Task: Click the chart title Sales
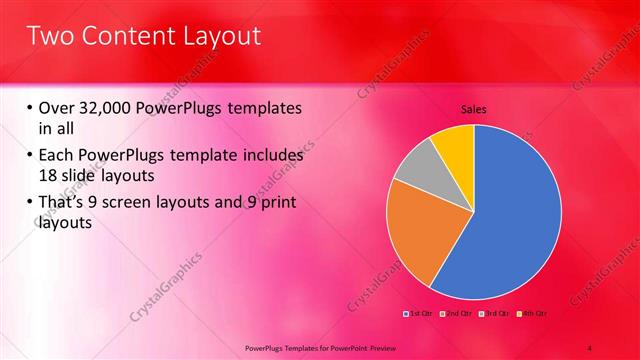tap(473, 109)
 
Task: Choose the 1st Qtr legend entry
tap(419, 313)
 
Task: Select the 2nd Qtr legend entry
tap(456, 313)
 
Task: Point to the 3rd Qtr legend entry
tap(493, 313)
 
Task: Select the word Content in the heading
tap(124, 36)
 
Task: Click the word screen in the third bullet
tap(141, 203)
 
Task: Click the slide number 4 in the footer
tap(591, 347)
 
